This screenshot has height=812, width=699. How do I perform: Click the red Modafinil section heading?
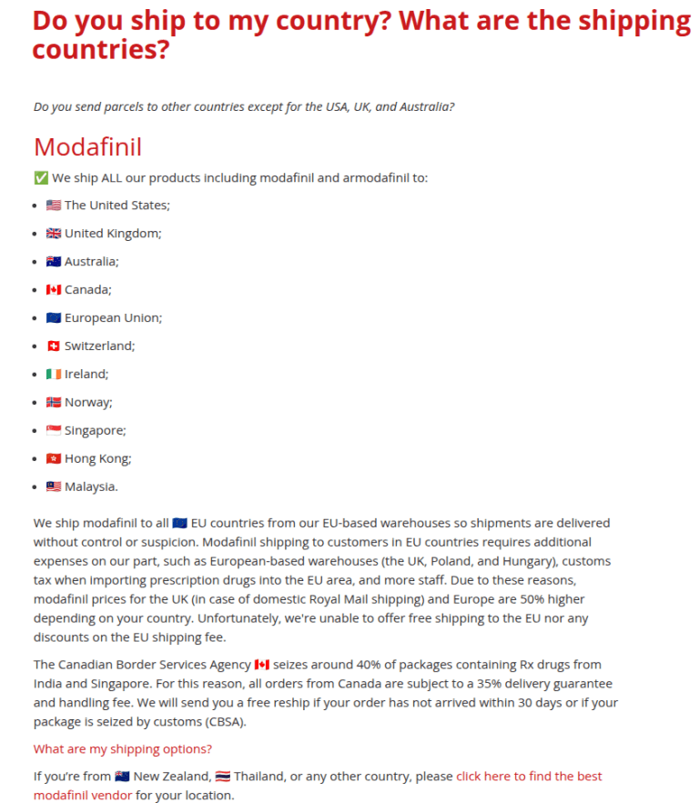click(87, 146)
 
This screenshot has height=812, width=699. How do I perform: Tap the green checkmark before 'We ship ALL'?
click(40, 177)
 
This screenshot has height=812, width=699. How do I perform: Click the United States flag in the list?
click(54, 206)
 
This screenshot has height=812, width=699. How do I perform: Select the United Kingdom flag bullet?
click(54, 234)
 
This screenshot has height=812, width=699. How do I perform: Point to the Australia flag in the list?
click(54, 262)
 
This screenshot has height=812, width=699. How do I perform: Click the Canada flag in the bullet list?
click(54, 290)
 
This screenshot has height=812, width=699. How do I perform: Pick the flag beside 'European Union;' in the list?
click(54, 318)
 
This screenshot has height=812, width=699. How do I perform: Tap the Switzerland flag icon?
click(54, 346)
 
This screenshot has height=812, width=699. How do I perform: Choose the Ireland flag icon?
click(54, 375)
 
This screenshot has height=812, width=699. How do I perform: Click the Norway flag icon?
click(54, 403)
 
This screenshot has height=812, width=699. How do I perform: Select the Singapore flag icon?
click(54, 431)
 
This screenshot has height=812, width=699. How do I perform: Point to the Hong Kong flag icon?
click(54, 459)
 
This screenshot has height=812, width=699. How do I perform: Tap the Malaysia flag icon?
click(54, 487)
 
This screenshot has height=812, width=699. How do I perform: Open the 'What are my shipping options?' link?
click(123, 749)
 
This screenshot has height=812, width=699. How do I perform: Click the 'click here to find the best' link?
click(529, 777)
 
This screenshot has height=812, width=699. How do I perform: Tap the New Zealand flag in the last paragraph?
click(123, 777)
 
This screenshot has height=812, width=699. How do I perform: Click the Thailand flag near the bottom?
click(223, 777)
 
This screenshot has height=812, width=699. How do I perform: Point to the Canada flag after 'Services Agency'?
click(262, 665)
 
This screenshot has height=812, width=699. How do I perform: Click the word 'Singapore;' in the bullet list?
click(95, 431)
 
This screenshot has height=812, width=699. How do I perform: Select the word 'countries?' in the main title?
click(101, 51)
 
